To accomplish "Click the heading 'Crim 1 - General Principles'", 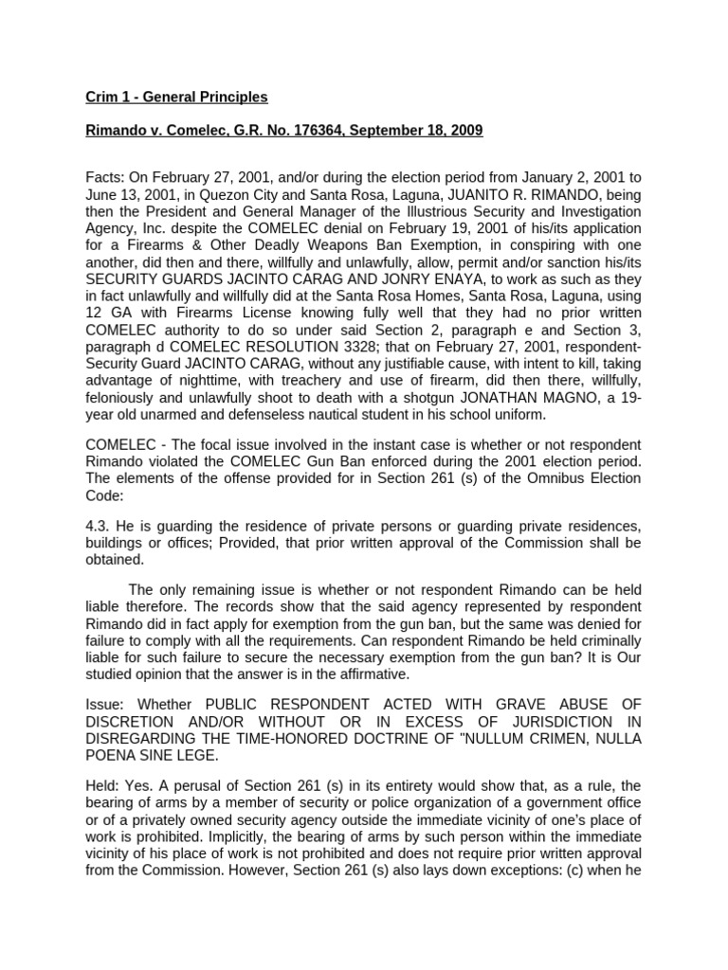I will [x=177, y=97].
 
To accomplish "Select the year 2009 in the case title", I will [x=465, y=131].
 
